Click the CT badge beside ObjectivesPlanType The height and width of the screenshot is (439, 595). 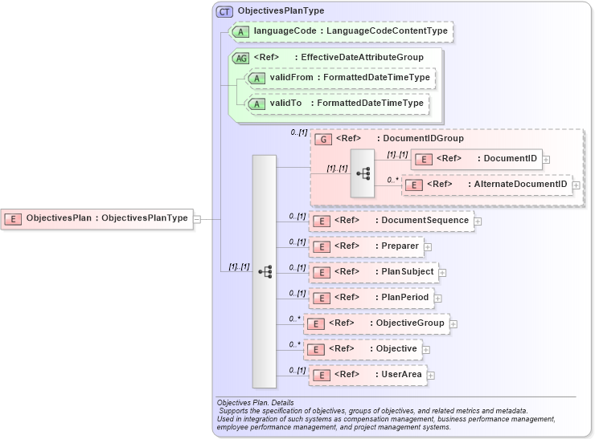[224, 11]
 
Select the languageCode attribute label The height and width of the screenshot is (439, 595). [351, 31]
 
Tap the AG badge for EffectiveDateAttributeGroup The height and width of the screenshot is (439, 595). [240, 58]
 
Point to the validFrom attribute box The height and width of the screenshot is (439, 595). [341, 78]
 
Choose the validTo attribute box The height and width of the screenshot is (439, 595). [336, 104]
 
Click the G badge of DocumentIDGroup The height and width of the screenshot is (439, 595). [322, 139]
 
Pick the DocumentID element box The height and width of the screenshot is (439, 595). [477, 159]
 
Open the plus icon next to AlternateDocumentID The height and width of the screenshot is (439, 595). [576, 185]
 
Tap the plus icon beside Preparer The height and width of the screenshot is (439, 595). [429, 246]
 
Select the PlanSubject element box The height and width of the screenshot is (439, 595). [374, 272]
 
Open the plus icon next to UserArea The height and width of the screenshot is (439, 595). [429, 375]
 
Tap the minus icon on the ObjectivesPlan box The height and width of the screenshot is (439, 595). [197, 217]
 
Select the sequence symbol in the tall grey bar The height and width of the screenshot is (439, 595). [265, 272]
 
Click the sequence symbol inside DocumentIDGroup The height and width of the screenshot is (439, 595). [363, 173]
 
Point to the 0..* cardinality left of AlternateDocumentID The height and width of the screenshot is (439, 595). [392, 180]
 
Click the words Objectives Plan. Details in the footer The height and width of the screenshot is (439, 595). [255, 402]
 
